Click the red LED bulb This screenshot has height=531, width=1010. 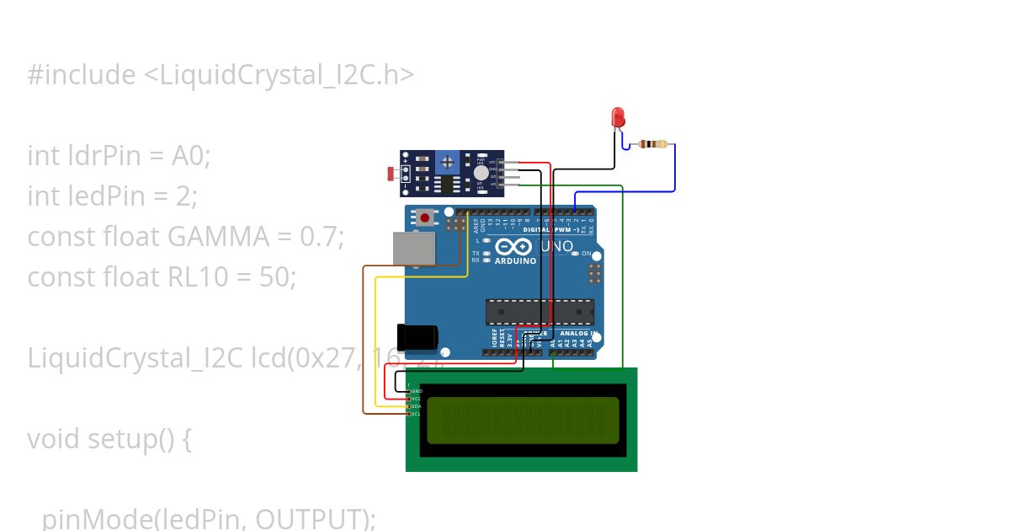click(x=619, y=117)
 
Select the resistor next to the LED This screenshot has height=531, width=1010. click(x=653, y=144)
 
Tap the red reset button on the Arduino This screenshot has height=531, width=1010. click(x=425, y=217)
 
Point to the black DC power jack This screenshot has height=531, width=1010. click(x=417, y=337)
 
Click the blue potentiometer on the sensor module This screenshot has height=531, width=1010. click(x=448, y=161)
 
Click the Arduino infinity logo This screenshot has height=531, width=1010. click(x=514, y=247)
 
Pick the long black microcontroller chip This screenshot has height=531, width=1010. click(x=539, y=312)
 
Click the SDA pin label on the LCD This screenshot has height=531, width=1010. click(x=415, y=406)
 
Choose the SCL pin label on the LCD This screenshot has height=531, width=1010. click(x=415, y=414)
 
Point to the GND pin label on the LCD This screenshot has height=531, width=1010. click(x=415, y=391)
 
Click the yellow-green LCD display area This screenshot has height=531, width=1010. click(x=523, y=420)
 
